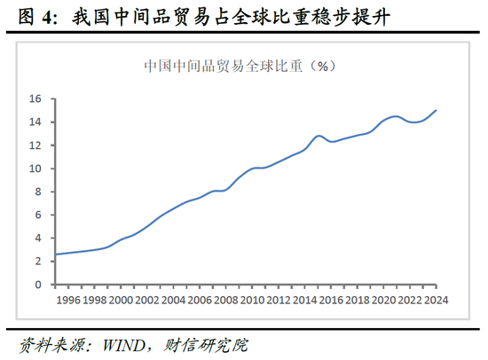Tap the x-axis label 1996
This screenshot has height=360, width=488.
coord(68,300)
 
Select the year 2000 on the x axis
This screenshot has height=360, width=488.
coord(121,300)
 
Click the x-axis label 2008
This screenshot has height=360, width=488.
coord(226,300)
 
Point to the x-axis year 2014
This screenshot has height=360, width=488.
coord(304,300)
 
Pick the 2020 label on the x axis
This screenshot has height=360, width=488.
coord(383,300)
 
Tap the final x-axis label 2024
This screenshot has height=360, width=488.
coord(436,300)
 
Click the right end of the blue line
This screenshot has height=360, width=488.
coord(436,111)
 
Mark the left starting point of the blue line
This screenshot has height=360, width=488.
coord(55,254)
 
